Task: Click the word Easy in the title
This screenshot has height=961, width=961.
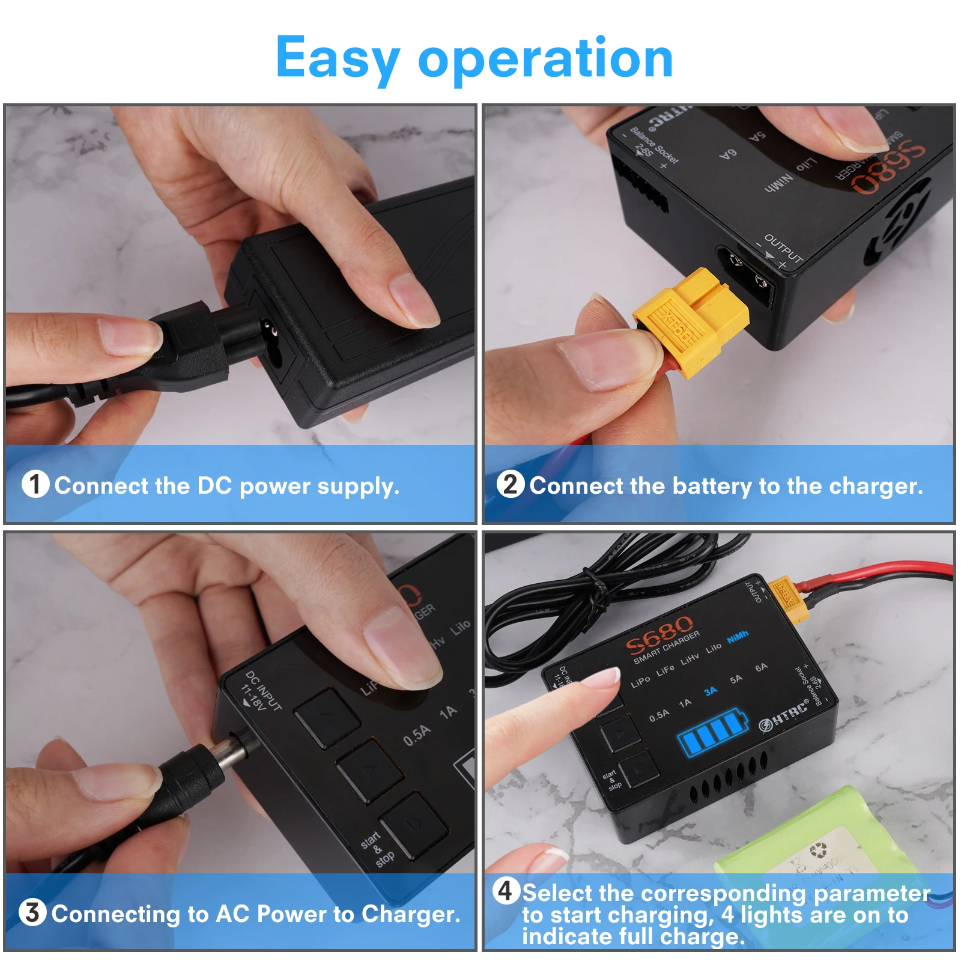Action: tap(338, 58)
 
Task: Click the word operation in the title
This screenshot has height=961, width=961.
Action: tap(545, 58)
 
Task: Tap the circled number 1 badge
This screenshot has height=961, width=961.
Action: tap(35, 484)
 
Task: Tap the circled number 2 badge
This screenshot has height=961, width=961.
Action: tap(510, 484)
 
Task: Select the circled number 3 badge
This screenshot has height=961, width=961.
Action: tap(32, 912)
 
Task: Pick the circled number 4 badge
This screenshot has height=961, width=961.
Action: tap(506, 891)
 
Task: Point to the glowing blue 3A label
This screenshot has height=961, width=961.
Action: tap(711, 691)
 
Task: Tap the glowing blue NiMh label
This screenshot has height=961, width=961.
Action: tap(738, 637)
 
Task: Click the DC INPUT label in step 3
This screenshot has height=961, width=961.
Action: tap(262, 691)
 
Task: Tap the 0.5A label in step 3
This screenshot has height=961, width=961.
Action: tap(417, 735)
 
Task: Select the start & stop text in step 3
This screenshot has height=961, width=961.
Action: tap(377, 849)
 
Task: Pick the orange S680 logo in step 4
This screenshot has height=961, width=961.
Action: tap(659, 634)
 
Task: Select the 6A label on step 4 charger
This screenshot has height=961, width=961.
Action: tap(761, 667)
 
